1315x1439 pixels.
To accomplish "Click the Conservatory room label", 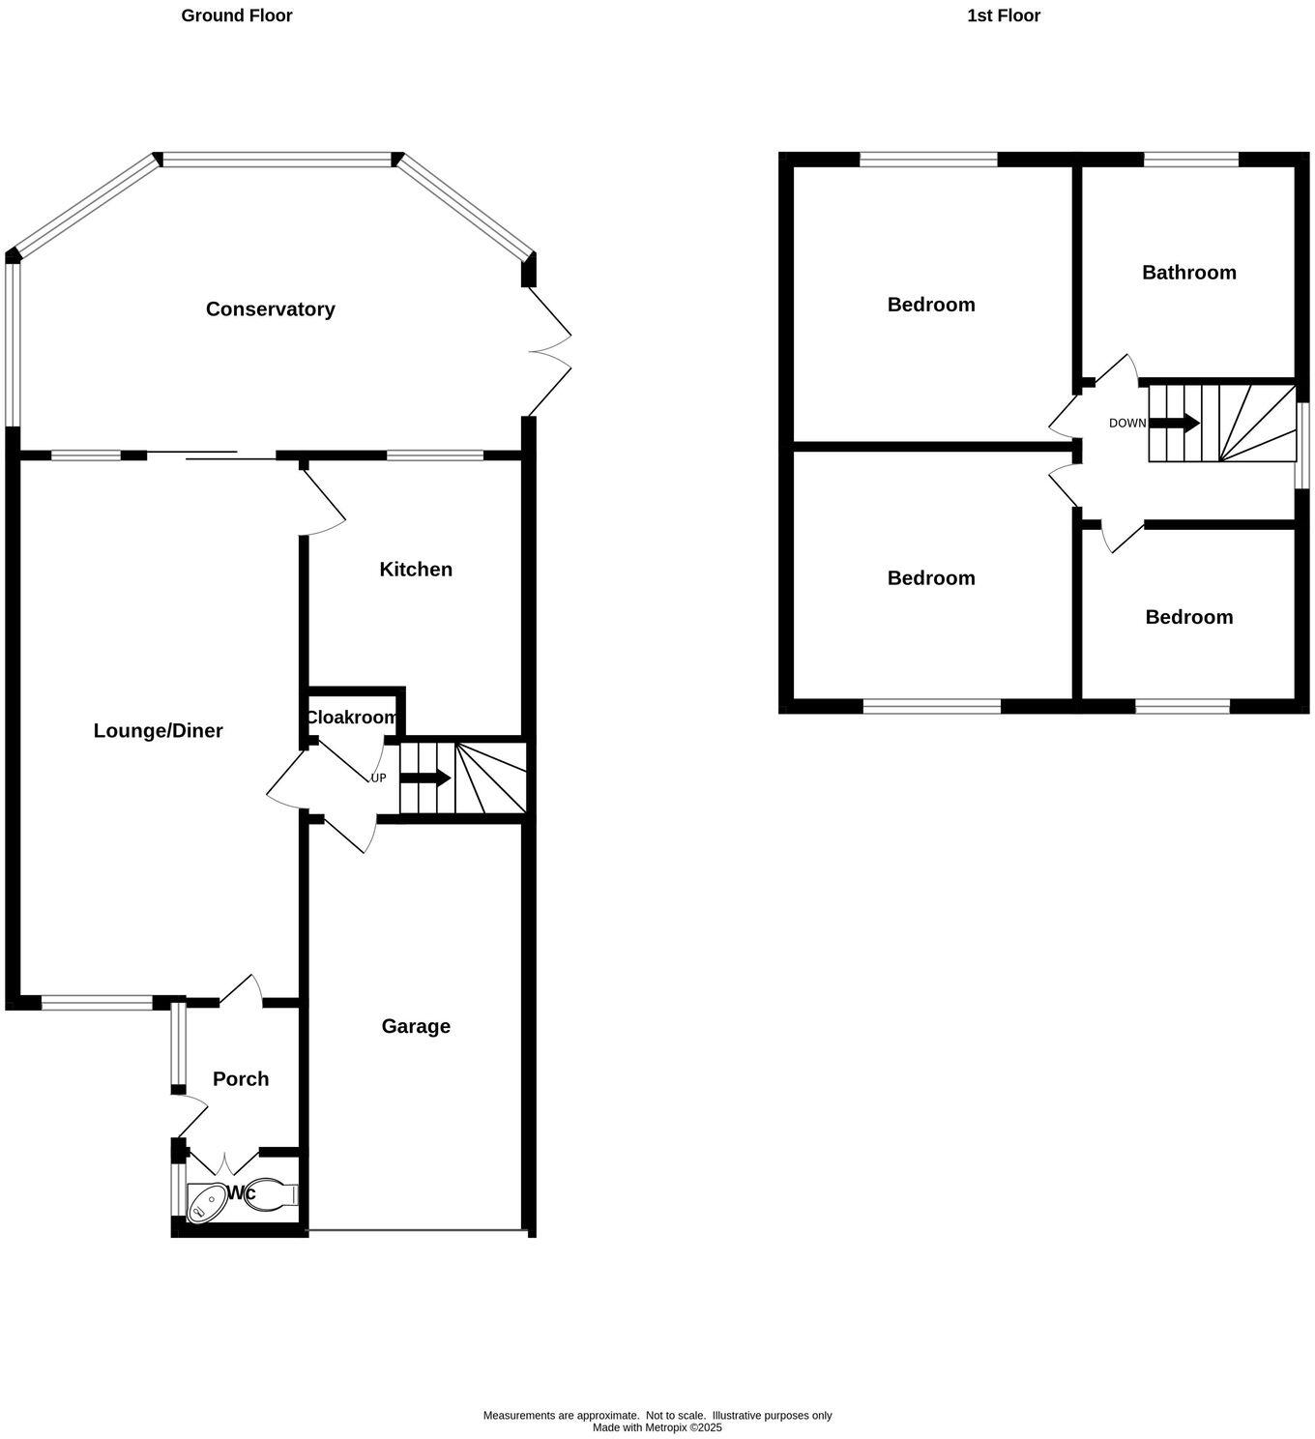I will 270,309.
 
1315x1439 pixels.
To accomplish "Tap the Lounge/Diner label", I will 158,731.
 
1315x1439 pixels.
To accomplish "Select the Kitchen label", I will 416,570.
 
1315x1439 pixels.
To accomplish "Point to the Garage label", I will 416,1026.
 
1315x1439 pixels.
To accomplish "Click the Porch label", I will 241,1079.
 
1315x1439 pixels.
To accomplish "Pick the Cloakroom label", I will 351,718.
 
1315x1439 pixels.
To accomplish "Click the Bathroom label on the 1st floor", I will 1188,273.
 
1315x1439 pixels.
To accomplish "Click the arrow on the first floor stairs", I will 1175,423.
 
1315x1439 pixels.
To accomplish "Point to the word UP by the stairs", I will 378,778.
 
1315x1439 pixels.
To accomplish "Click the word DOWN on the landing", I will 1126,424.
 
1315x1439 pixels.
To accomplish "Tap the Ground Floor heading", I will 237,15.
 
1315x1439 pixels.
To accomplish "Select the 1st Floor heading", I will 1004,15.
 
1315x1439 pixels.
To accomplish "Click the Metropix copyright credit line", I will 657,1427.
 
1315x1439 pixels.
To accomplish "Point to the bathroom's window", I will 1190,160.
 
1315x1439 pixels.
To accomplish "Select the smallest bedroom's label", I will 1188,617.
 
